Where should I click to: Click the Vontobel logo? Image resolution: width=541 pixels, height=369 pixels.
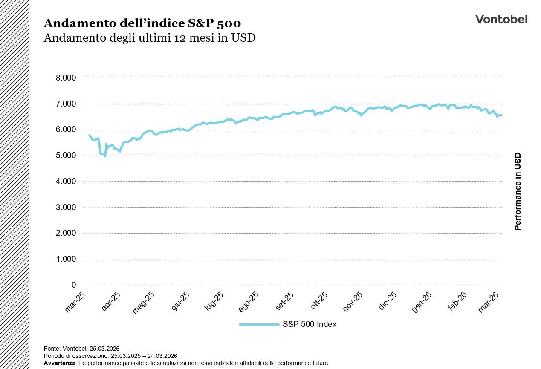501,19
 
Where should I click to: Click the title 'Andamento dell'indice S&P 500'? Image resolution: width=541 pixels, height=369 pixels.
142,23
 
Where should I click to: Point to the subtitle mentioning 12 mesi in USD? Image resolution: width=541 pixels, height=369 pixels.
150,38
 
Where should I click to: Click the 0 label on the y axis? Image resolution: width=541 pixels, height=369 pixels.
74,285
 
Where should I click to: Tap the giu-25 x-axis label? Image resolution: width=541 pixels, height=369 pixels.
181,302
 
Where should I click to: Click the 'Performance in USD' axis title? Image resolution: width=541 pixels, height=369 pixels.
518,191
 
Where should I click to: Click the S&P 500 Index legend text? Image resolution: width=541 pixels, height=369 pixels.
309,324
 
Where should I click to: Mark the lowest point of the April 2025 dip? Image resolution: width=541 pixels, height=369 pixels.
105,156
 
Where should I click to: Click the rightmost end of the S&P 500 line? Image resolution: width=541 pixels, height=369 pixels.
501,115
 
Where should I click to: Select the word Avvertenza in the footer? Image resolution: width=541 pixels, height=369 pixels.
59,363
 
